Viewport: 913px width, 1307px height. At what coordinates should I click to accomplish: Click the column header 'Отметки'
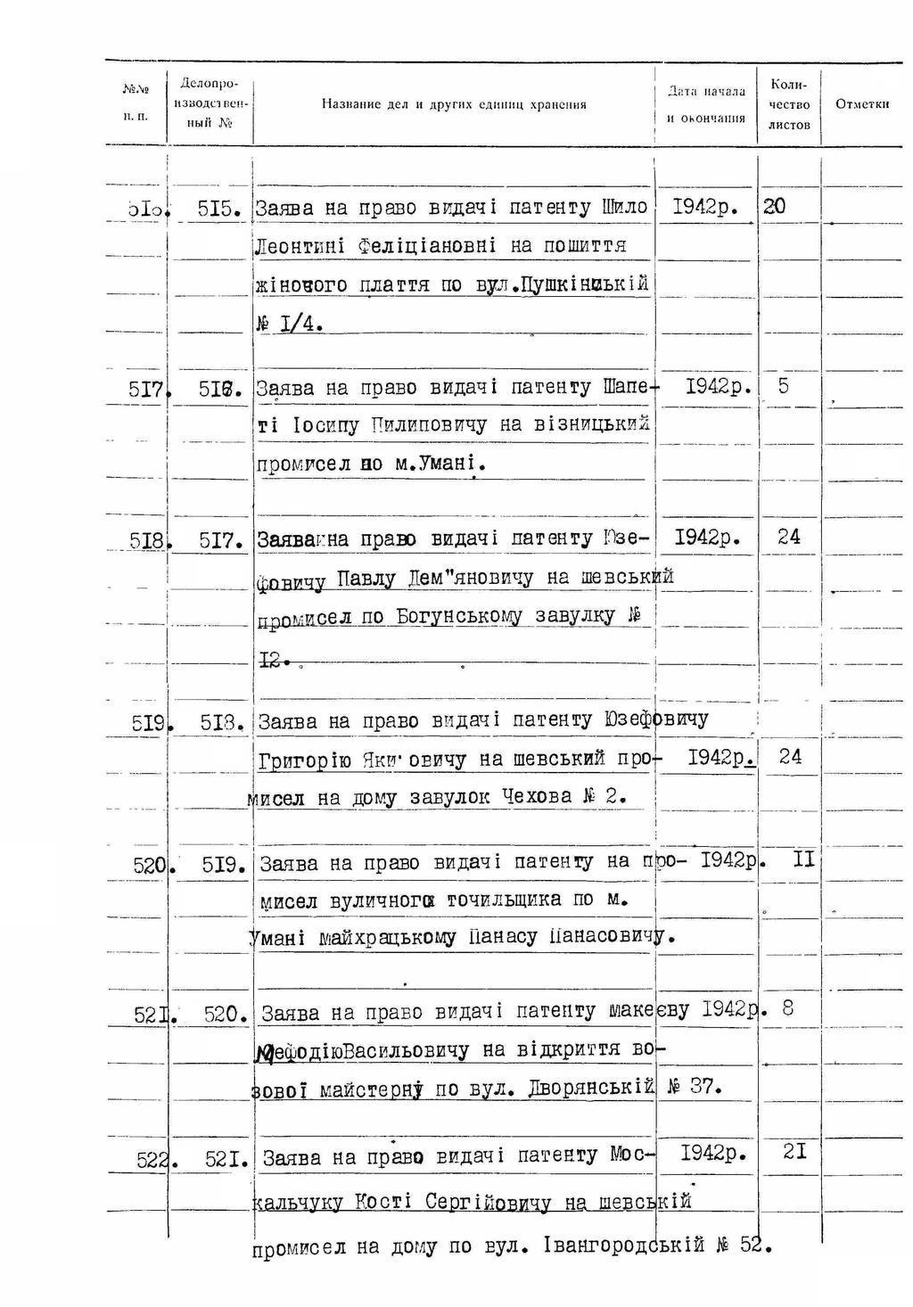point(862,104)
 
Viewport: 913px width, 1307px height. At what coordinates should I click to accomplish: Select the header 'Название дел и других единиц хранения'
point(454,104)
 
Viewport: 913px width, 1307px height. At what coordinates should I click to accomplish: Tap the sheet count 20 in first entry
point(774,206)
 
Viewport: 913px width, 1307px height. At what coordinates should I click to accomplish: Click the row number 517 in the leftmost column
point(146,389)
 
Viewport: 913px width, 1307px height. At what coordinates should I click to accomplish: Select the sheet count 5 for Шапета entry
point(784,386)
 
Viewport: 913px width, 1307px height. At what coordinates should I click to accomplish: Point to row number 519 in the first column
point(149,723)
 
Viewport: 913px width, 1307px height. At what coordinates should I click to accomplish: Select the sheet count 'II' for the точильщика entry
point(803,861)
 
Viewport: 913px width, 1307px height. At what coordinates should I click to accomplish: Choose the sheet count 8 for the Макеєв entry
point(787,1008)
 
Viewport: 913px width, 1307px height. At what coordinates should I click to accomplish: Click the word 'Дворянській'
point(590,1088)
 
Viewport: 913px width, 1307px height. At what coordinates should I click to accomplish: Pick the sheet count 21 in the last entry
point(794,1152)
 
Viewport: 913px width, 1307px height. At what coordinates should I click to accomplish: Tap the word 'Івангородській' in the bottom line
point(624,1245)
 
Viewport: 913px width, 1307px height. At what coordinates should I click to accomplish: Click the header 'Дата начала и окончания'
point(706,104)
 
